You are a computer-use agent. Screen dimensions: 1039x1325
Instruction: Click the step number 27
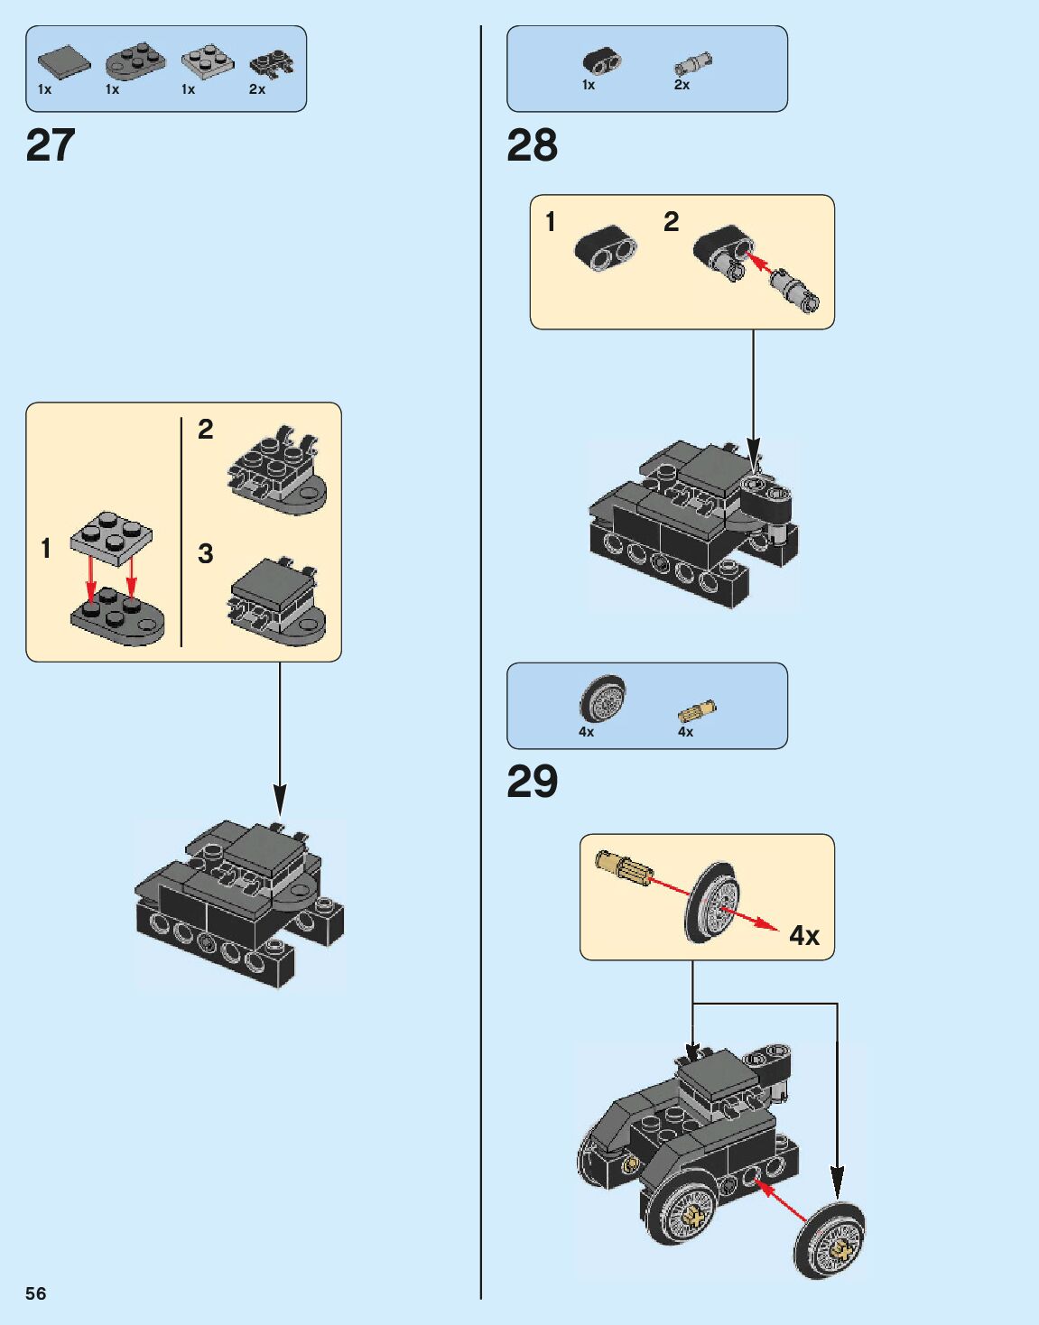pos(51,145)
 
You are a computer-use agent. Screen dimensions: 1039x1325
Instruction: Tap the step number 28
pos(532,145)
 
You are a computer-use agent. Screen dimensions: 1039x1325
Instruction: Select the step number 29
pos(532,782)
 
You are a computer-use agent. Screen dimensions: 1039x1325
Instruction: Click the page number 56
pos(35,1293)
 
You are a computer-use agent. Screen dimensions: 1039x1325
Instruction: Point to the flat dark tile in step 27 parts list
pos(64,61)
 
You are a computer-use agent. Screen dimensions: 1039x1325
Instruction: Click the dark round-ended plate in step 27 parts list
pos(135,62)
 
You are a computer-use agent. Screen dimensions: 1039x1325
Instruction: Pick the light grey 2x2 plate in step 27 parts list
pos(208,62)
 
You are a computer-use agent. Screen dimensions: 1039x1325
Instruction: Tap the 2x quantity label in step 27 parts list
pos(257,89)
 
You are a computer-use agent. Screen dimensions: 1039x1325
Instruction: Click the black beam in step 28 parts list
pos(601,60)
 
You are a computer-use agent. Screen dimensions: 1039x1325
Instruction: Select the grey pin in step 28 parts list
pos(694,64)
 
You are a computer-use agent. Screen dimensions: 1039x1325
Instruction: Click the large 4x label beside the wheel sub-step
pos(804,935)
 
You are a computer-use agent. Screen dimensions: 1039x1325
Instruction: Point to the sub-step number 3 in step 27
pos(206,553)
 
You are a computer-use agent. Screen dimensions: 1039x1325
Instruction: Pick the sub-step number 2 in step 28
pos(671,222)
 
